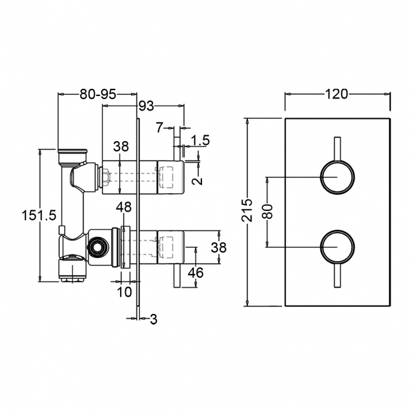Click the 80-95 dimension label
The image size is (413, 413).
[x=98, y=94]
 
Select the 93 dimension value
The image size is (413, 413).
[x=146, y=106]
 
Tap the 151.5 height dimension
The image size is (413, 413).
[x=39, y=215]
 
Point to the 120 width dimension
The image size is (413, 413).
[x=337, y=94]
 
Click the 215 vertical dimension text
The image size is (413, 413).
[x=248, y=210]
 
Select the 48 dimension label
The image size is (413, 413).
[x=124, y=207]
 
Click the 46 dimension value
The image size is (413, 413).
[x=196, y=273]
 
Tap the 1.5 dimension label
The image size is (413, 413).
[x=200, y=140]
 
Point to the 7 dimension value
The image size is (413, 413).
[x=159, y=128]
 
